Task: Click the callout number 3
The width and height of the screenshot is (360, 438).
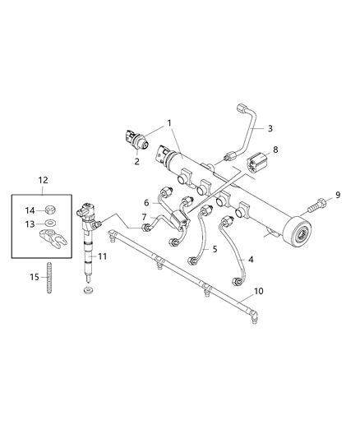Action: click(270, 128)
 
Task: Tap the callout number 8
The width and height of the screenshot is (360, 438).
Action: click(275, 150)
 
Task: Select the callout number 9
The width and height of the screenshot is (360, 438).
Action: click(338, 195)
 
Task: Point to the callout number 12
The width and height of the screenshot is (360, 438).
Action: click(43, 180)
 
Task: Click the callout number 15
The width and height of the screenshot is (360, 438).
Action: click(35, 277)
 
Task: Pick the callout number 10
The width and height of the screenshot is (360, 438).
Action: click(258, 291)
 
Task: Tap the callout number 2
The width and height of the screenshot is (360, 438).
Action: click(136, 161)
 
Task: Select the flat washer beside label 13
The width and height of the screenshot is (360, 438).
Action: click(50, 223)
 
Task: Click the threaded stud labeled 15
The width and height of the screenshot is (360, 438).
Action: click(49, 278)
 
